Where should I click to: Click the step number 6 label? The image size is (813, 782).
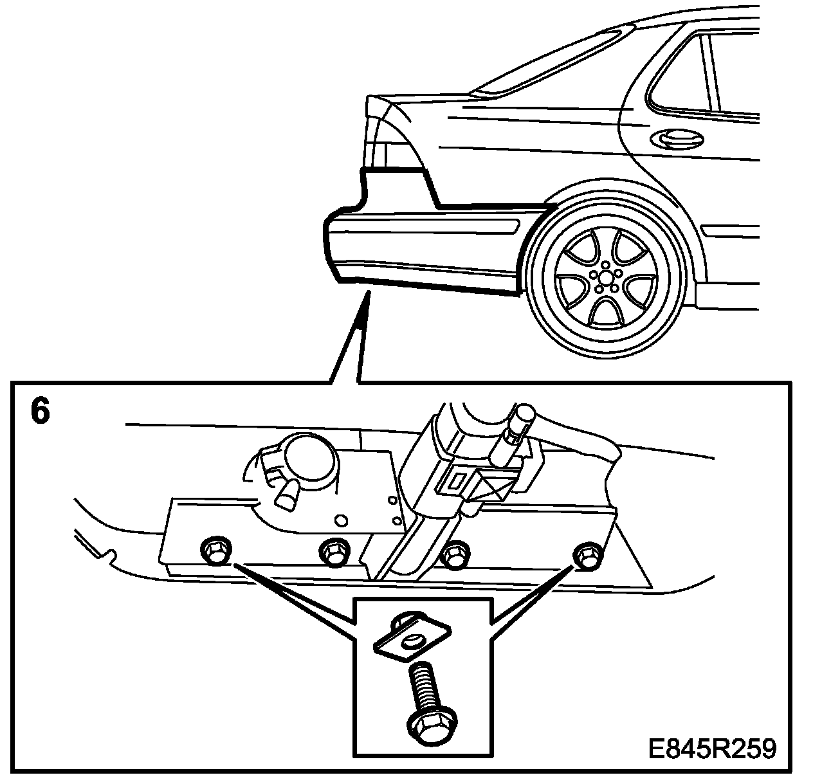39,412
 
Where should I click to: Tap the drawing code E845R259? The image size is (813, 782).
711,749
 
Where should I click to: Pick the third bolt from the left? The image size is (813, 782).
456,552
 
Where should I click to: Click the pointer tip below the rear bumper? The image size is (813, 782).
368,295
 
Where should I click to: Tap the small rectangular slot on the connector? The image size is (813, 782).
457,479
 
